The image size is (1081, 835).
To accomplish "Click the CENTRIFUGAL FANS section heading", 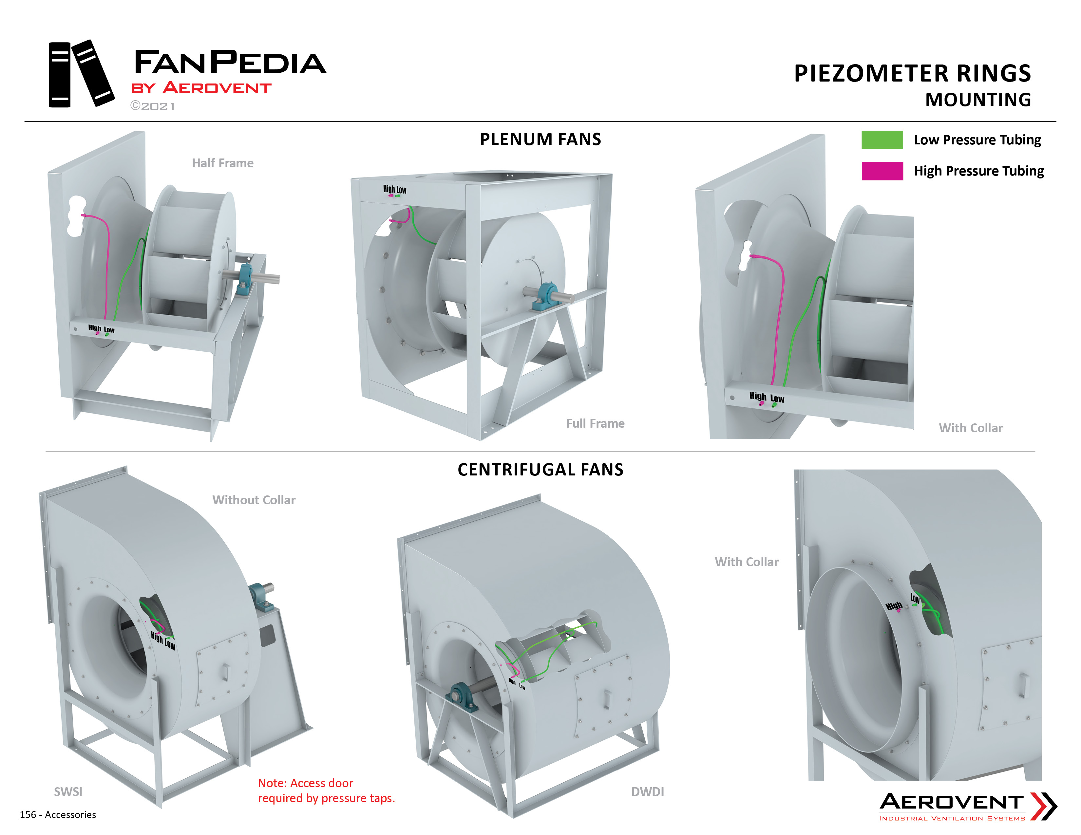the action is tap(540, 470).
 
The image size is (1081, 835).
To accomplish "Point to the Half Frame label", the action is tap(223, 163).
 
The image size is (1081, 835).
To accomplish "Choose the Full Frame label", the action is tap(596, 423).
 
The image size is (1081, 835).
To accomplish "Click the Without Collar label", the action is tap(254, 500).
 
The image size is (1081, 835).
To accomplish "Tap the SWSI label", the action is tap(68, 792).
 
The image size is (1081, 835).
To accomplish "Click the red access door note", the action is tap(327, 790).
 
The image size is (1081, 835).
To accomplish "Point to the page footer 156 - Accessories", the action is tap(58, 815).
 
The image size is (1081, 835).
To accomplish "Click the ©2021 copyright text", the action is tap(152, 106).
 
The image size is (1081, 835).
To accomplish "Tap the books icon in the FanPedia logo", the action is tap(81, 73).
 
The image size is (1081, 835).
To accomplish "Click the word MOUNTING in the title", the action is tap(978, 100).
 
